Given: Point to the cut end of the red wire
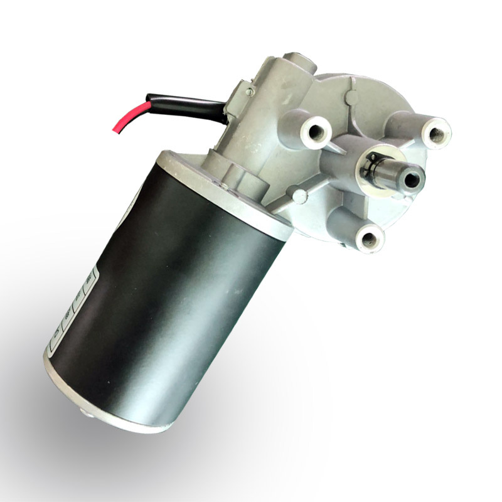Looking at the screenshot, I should pos(114,131).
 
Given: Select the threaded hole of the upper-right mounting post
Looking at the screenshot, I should pos(435,133).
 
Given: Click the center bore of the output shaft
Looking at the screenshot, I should pos(412,180).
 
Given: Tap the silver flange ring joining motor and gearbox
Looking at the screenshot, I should pos(226,188).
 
